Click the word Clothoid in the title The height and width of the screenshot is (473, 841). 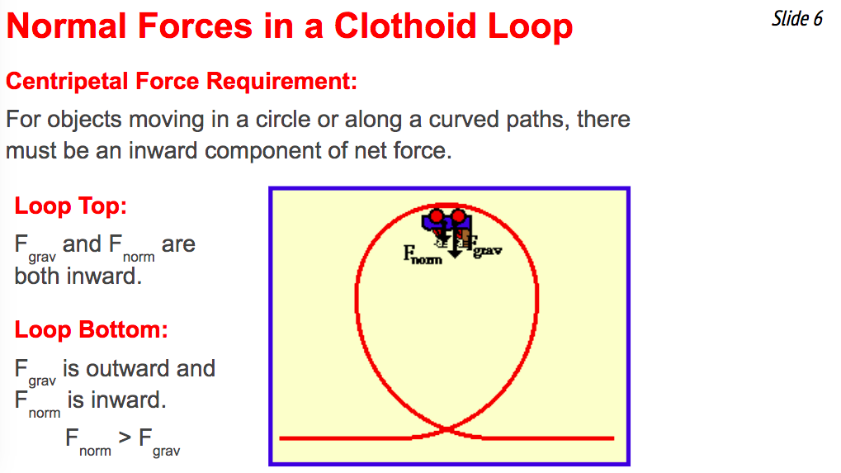[x=404, y=26]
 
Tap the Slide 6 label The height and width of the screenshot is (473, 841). [x=796, y=19]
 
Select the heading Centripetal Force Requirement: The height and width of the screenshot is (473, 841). [x=182, y=81]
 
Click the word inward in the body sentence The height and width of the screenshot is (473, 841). [x=163, y=151]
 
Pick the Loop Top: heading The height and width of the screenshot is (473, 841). [x=70, y=206]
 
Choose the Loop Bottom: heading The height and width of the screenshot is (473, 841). [x=91, y=329]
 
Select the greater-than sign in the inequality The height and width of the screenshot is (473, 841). [x=125, y=437]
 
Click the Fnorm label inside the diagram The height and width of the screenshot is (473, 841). [x=423, y=254]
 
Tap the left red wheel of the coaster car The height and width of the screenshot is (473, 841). [x=437, y=216]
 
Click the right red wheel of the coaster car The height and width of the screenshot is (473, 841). [x=458, y=216]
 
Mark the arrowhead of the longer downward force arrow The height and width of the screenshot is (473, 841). [x=455, y=253]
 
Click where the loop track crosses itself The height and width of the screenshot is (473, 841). [x=446, y=429]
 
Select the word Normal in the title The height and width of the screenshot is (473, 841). [x=67, y=26]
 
